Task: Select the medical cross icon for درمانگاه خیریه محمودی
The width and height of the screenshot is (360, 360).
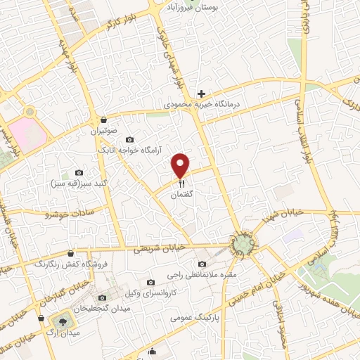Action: click(x=202, y=94)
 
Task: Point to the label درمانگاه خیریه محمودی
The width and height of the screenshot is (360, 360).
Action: click(x=202, y=104)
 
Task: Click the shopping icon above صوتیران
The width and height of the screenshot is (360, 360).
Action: click(x=104, y=120)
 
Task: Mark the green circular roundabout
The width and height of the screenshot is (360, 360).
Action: click(x=243, y=244)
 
